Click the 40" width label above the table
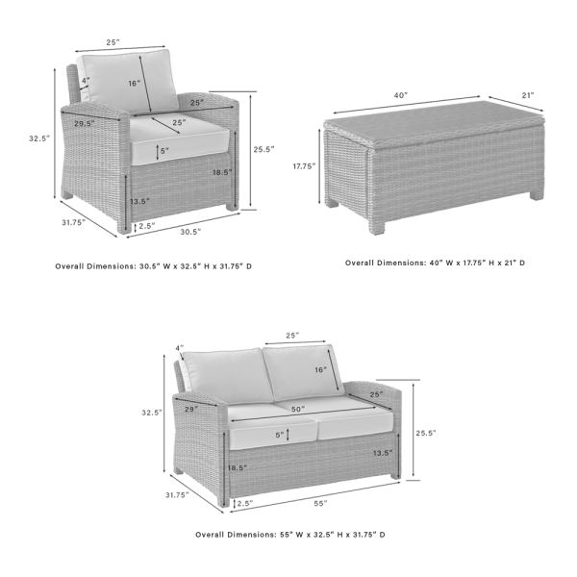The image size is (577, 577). (400, 95)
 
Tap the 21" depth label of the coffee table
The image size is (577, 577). (527, 95)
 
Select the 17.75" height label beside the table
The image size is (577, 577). (304, 164)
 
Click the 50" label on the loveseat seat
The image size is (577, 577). (298, 410)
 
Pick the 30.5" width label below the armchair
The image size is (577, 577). (190, 231)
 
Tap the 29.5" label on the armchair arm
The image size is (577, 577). (85, 123)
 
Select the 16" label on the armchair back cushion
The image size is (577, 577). (133, 84)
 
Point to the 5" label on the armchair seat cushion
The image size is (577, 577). (164, 151)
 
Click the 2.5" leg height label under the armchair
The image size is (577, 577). (147, 226)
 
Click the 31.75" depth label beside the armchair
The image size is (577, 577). (72, 222)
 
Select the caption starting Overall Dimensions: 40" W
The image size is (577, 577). (436, 262)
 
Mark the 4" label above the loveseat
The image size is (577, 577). (179, 347)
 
